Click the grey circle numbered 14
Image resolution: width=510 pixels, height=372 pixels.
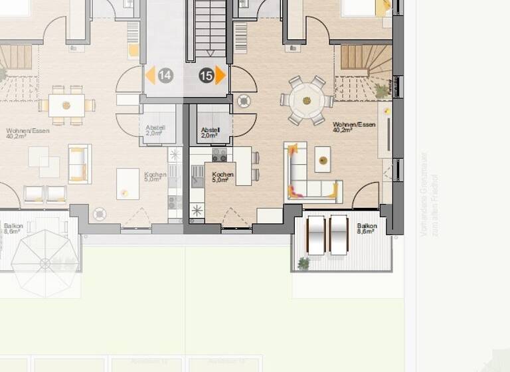pyautogui.click(x=165, y=76)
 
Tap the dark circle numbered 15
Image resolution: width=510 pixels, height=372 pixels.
pyautogui.click(x=206, y=76)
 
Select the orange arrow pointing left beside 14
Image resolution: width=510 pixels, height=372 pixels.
pyautogui.click(x=150, y=75)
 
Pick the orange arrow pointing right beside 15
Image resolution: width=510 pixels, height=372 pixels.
pyautogui.click(x=220, y=75)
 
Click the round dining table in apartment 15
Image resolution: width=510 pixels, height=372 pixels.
pyautogui.click(x=306, y=101)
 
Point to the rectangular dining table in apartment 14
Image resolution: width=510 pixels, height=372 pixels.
pyautogui.click(x=66, y=105)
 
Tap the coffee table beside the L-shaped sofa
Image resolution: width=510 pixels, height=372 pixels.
pyautogui.click(x=323, y=161)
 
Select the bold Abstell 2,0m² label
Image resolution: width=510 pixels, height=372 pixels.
pyautogui.click(x=210, y=132)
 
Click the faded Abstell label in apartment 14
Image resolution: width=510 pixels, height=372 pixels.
pyautogui.click(x=155, y=130)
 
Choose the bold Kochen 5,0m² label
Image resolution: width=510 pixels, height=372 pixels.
pyautogui.click(x=222, y=177)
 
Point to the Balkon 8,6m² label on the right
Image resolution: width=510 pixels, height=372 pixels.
pyautogui.click(x=367, y=229)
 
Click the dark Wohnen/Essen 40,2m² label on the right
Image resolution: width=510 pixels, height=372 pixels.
pyautogui.click(x=354, y=127)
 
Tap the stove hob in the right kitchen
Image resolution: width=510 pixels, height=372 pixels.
pyautogui.click(x=219, y=154)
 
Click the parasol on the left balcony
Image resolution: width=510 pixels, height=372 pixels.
pyautogui.click(x=45, y=263)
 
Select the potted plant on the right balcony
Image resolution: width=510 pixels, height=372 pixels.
pyautogui.click(x=303, y=264)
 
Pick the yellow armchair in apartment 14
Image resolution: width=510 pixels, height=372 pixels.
pyautogui.click(x=78, y=163)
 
